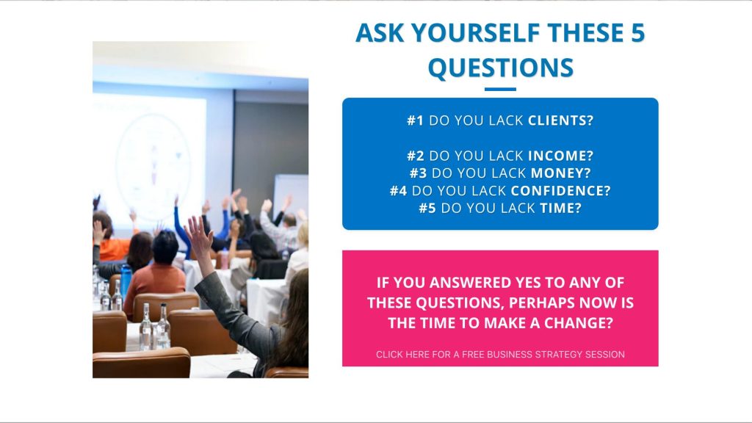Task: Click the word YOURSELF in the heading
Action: tap(475, 32)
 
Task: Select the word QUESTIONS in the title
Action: tap(500, 68)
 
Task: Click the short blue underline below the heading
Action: tap(500, 89)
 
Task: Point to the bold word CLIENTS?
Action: tap(560, 120)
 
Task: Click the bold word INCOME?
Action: tap(560, 156)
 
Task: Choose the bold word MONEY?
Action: tap(560, 173)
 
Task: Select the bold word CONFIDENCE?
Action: tap(560, 191)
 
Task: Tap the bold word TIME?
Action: tap(560, 208)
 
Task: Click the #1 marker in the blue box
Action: tap(416, 120)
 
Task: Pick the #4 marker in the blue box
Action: tap(398, 191)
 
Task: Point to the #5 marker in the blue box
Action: tap(427, 208)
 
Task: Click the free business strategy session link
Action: tap(500, 355)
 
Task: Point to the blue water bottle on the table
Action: tap(126, 281)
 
